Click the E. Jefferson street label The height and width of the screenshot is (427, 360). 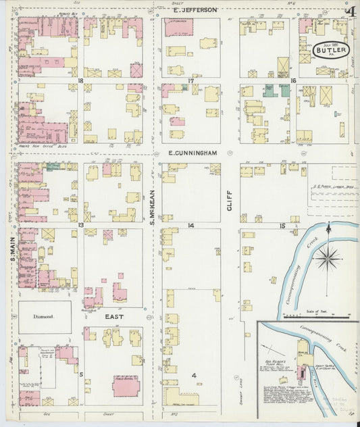(195, 10)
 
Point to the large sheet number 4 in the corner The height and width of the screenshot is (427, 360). (349, 11)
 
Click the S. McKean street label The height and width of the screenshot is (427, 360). (153, 205)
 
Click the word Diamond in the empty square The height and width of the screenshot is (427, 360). (43, 316)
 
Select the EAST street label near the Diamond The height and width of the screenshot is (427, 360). (113, 316)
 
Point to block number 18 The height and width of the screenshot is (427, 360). (80, 80)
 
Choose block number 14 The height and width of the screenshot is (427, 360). (191, 225)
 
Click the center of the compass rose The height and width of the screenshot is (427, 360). (328, 257)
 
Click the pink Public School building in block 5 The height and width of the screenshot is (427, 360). (126, 386)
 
